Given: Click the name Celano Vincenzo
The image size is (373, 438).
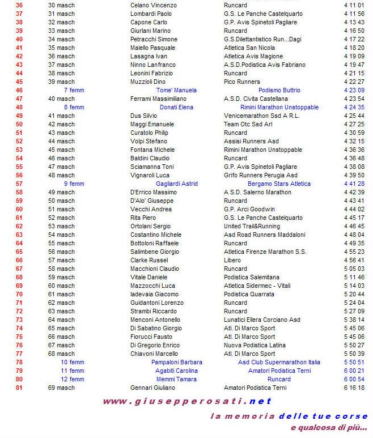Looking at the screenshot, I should (153, 5).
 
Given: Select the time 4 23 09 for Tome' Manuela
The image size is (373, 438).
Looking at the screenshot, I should (354, 90).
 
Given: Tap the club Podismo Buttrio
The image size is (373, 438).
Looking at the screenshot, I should (279, 90).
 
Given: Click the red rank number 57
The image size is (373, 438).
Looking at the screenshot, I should (19, 184).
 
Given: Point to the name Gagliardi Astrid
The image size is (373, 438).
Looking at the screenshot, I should (176, 184).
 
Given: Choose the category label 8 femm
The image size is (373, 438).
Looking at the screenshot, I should (74, 107).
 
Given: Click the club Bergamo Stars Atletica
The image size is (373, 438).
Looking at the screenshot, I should (279, 184).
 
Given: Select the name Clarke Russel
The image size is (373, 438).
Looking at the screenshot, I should (150, 260).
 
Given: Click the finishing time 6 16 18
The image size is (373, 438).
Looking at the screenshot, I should (354, 388).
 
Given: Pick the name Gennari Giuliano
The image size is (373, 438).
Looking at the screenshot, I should (153, 388).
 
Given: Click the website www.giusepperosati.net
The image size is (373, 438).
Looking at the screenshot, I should (187, 401).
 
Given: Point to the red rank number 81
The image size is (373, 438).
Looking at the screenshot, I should (19, 388).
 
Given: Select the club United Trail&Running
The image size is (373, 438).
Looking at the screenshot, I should (252, 226).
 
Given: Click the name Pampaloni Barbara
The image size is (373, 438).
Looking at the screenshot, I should (176, 362).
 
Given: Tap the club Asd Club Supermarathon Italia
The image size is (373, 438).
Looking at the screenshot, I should (279, 362).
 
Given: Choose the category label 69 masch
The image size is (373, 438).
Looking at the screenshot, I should (61, 388).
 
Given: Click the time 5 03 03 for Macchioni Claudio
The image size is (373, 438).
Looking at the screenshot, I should (354, 269).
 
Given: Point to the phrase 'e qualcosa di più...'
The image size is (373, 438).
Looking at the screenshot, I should (328, 427).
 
